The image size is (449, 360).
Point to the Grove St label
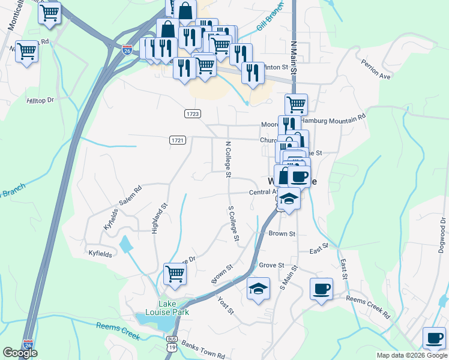pos(271,265)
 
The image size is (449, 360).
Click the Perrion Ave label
pos(376,69)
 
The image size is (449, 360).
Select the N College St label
pos(228,160)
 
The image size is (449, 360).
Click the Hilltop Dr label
pos(41,101)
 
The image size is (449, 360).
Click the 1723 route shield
pos(192,113)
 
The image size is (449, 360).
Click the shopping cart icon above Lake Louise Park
pos(175,274)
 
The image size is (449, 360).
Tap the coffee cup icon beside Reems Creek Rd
pos(321,289)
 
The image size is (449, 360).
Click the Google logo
pos(20,353)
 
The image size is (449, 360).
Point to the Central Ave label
pos(262,193)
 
